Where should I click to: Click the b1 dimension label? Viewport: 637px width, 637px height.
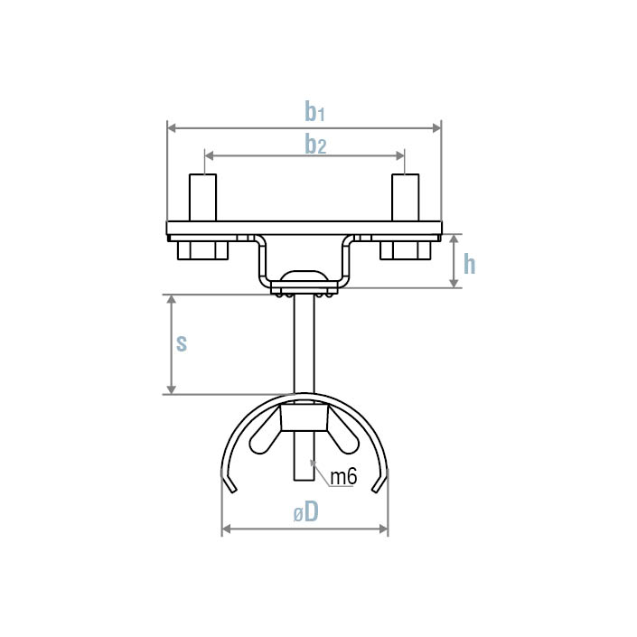314,112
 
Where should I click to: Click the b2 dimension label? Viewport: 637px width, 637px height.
314,144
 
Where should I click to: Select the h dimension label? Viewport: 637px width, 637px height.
469,264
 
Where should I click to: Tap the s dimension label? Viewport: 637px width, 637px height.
182,342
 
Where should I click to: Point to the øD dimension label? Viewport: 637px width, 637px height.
305,512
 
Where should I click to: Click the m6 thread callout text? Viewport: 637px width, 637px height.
343,477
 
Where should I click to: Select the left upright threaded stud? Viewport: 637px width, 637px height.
202,197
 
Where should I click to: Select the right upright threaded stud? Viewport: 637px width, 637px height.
405,197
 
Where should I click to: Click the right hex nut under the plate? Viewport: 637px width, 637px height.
405,248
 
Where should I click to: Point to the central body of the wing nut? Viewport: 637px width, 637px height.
304,417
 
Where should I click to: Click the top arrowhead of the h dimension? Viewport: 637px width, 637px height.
454,238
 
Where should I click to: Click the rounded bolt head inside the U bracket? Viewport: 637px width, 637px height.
304,276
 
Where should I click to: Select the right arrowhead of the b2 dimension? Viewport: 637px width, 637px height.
401,155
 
